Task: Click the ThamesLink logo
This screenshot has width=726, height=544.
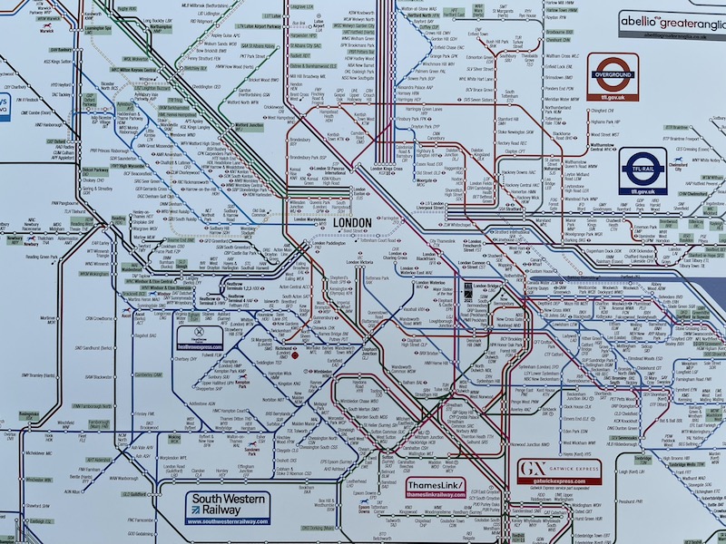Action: pos(437,489)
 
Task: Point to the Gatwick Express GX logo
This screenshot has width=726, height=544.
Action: pos(559,471)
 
